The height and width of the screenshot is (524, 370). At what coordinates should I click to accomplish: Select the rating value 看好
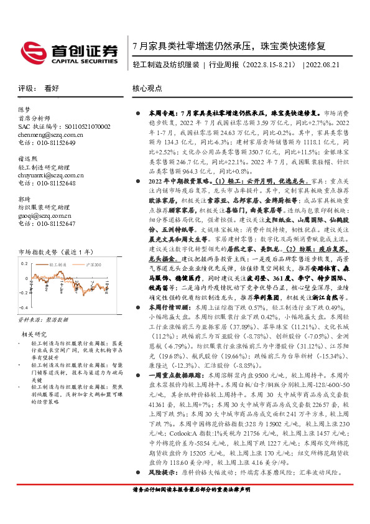click(x=52, y=89)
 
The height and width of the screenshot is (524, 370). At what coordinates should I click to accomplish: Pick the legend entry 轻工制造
click(x=57, y=265)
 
